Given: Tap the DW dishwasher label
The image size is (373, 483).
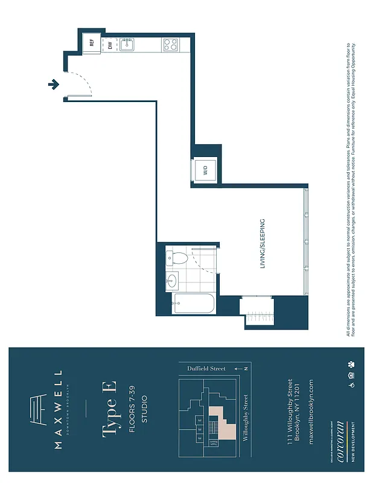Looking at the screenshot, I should pos(110,45).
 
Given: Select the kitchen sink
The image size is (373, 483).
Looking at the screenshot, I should pos(127,43).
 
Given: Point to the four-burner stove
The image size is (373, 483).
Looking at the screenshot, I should pos(170,44).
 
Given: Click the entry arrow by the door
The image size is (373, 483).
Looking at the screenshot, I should pos(54,85).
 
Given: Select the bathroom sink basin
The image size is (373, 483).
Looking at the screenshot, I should pos(172,281).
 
